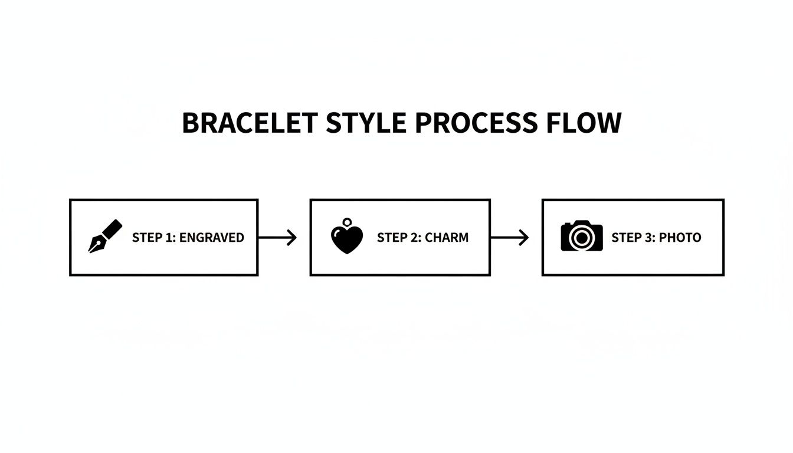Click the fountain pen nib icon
pos(105,237)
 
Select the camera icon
pos(582,237)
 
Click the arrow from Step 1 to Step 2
pos(277,238)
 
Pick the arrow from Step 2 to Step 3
pos(509,238)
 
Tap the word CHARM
pos(447,238)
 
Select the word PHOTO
pos(680,238)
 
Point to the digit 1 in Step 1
pos(169,238)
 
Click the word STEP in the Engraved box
pos(147,238)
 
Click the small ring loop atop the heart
pos(347,222)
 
